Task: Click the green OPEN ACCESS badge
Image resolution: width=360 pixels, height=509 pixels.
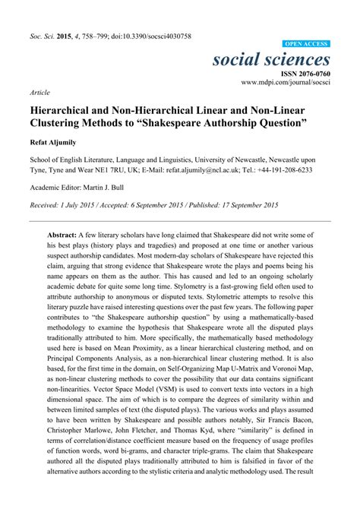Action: click(306, 45)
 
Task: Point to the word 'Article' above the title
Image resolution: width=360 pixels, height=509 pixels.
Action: click(39, 91)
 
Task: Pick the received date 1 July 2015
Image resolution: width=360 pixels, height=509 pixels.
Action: click(83, 206)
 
